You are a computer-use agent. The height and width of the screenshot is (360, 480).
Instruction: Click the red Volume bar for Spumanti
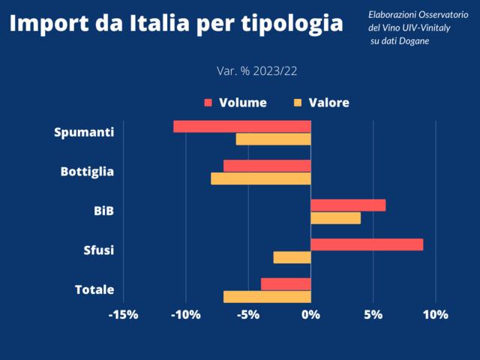pos(241,126)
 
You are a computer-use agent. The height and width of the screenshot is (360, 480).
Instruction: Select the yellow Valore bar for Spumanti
pos(273,139)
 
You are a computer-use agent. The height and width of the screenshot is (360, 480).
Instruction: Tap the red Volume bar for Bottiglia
pos(267,166)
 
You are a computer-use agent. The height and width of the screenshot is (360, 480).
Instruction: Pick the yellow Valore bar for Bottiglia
pos(260,178)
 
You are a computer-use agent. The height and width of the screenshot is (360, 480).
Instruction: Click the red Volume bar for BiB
pos(348,205)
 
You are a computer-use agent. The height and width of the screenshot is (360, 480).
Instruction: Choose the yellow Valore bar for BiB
pos(335,218)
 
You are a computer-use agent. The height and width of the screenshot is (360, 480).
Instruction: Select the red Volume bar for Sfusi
pos(367,244)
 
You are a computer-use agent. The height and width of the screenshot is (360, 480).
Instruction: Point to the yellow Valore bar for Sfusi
pos(292,257)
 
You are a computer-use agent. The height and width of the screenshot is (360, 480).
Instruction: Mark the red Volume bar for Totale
pos(286,283)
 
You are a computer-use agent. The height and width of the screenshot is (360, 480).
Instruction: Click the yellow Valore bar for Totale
pos(267,297)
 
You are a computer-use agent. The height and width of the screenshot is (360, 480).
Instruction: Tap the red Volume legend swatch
pos(208,103)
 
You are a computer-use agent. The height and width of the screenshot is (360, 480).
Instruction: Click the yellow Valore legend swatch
pos(298,103)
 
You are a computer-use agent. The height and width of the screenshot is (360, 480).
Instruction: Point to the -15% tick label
pos(123,315)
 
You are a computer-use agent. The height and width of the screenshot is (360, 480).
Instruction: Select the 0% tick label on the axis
pos(310,315)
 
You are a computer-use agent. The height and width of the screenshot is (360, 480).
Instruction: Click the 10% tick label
pos(435,315)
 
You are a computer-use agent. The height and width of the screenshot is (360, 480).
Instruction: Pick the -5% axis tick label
pos(247,315)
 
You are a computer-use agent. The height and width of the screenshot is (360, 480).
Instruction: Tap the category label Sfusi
pos(98,250)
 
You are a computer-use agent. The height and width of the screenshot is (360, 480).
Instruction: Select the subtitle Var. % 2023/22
pos(257,71)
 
